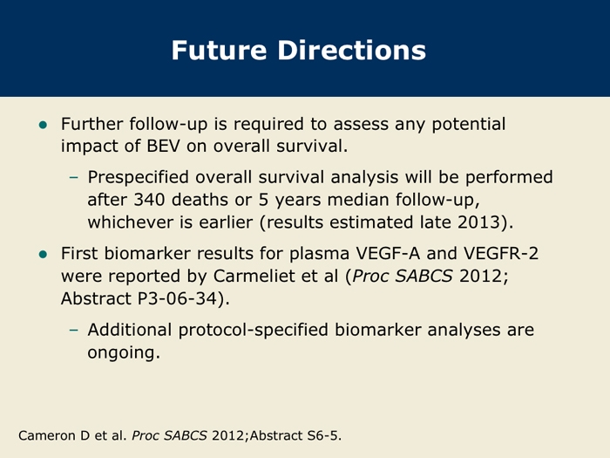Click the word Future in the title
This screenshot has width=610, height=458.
pyautogui.click(x=219, y=51)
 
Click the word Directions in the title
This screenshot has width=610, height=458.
pyautogui.click(x=352, y=51)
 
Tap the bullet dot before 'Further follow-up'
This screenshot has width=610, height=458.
pyautogui.click(x=43, y=125)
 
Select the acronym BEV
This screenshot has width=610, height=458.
pyautogui.click(x=164, y=146)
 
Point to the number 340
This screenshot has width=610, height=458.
pyautogui.click(x=149, y=200)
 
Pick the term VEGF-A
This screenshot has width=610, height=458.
pyautogui.click(x=388, y=254)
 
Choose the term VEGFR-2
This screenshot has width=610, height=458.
pyautogui.click(x=501, y=254)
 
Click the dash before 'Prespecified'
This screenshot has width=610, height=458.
pyautogui.click(x=73, y=178)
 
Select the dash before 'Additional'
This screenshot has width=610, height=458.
pyautogui.click(x=73, y=331)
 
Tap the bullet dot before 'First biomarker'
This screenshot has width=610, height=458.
pyautogui.click(x=43, y=255)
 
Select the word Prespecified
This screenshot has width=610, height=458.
pyautogui.click(x=138, y=178)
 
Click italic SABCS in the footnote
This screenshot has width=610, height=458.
pyautogui.click(x=185, y=435)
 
